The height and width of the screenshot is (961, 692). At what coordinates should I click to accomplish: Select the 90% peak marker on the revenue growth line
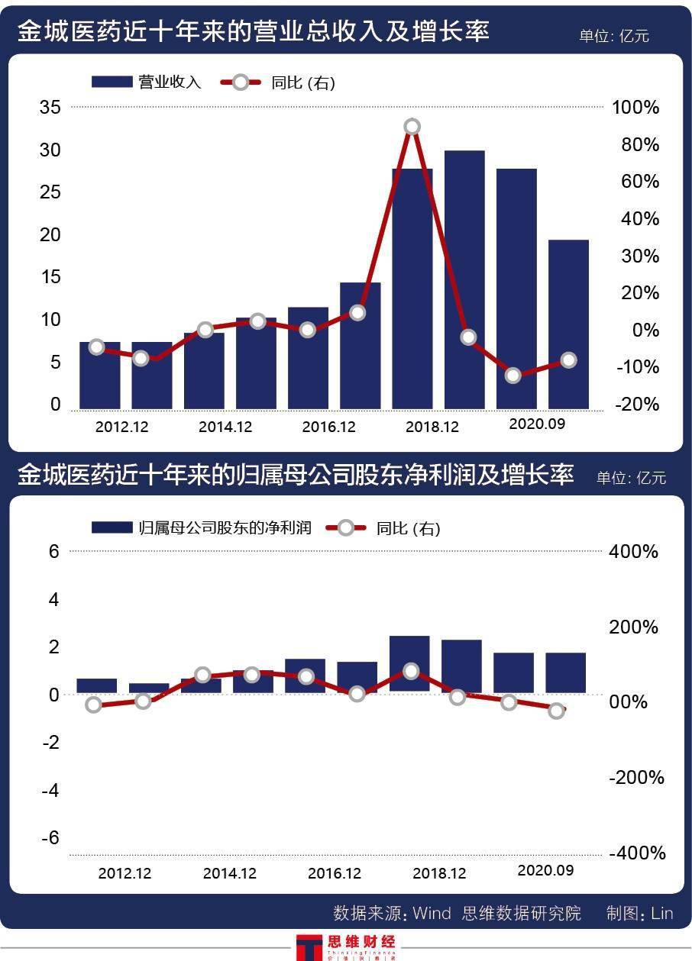coord(412,127)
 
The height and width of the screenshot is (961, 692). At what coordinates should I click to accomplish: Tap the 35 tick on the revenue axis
coord(50,108)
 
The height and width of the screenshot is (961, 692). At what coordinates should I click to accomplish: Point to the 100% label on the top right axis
coord(635,108)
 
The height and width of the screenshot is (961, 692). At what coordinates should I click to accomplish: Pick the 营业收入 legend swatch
coord(112,82)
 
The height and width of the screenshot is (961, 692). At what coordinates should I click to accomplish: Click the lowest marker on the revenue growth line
coord(513,376)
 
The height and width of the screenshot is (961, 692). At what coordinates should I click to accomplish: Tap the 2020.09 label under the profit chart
coord(545,870)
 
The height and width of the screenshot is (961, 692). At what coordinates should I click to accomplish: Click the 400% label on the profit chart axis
coord(634,551)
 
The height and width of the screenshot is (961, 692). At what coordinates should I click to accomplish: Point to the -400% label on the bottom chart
coord(637,853)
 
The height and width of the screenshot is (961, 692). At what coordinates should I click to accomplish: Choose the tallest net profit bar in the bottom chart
coord(409,663)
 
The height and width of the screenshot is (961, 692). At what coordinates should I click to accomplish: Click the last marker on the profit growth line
coord(557,711)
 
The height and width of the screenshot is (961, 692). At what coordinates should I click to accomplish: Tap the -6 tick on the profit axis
coord(50,838)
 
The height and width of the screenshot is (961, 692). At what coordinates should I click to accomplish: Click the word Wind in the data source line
coord(432,914)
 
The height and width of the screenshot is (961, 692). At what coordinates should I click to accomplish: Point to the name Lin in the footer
coord(662,914)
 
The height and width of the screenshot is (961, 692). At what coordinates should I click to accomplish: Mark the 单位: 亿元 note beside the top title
coord(613,35)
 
